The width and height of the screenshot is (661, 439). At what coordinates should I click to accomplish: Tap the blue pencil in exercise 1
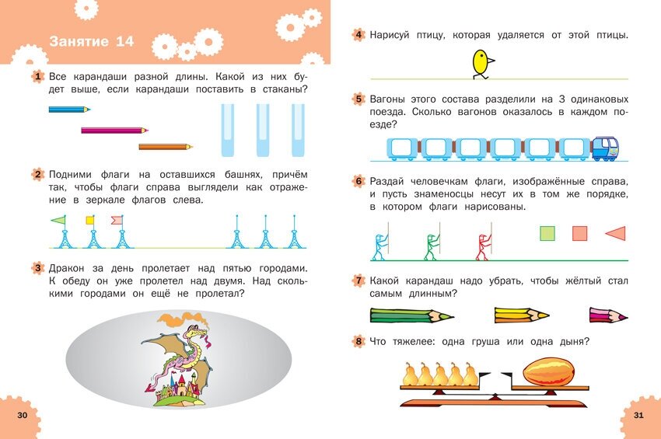69,110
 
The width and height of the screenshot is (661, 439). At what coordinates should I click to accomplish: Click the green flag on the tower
58,220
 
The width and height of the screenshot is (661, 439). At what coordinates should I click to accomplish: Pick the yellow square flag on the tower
89,220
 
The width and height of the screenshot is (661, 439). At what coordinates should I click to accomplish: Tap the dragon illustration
179,357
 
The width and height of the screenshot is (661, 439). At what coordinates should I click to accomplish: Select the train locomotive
604,148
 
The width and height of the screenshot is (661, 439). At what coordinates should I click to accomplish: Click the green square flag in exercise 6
547,233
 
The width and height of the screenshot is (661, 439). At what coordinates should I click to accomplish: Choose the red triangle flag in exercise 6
615,233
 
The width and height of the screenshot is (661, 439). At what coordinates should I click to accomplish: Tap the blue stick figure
379,246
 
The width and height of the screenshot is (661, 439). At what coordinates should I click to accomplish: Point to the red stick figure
482,246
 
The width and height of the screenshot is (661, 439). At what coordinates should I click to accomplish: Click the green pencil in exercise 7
401,315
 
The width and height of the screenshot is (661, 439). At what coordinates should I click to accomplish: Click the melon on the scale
548,371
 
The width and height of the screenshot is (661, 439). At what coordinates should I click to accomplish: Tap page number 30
22,416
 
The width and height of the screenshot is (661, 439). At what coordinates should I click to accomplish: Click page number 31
638,416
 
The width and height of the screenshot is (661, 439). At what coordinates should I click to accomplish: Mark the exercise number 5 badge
358,99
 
